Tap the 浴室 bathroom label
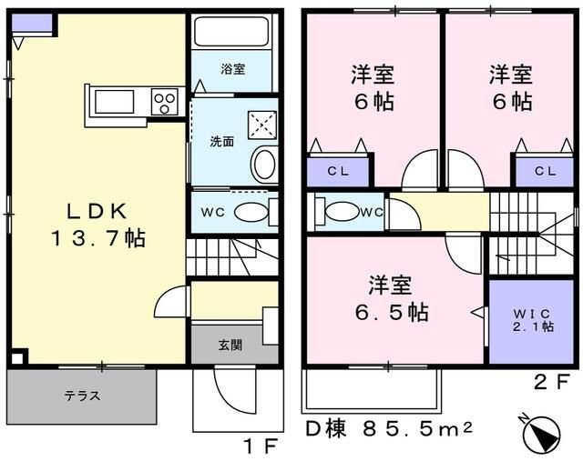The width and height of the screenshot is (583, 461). [231, 69]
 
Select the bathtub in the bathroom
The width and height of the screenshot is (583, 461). [231, 34]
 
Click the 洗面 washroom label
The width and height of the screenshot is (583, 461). [222, 142]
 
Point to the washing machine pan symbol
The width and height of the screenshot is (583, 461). [261, 123]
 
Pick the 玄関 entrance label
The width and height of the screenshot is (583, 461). [230, 346]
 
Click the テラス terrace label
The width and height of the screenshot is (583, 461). [82, 396]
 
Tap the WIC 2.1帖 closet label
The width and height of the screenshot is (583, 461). [532, 320]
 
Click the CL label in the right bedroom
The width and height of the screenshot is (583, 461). [545, 170]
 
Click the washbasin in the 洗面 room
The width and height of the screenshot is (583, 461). [263, 165]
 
